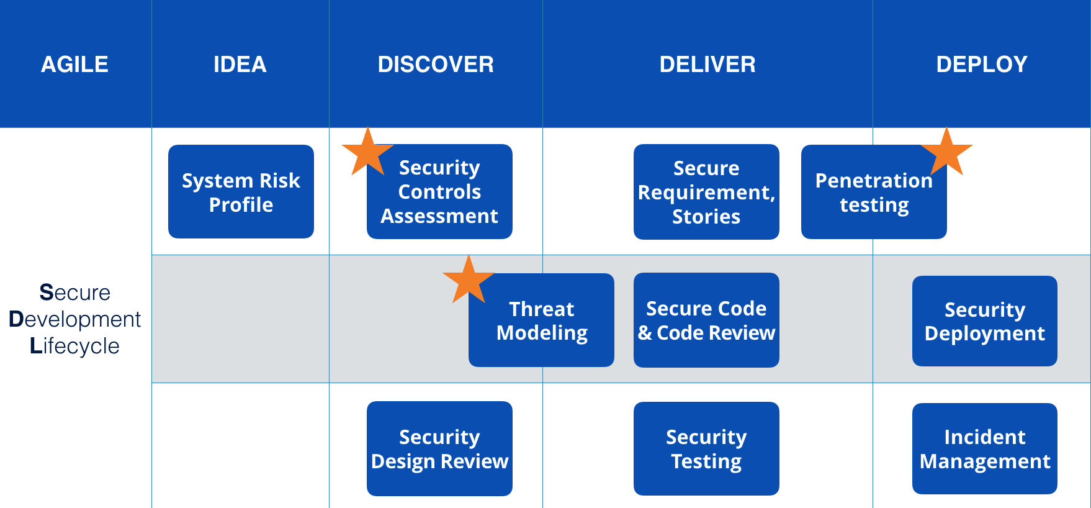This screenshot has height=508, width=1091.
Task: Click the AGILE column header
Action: click(x=74, y=65)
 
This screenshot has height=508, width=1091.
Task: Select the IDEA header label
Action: click(x=240, y=65)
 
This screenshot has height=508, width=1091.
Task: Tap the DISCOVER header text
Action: click(x=436, y=65)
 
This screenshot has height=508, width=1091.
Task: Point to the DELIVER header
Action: click(x=707, y=65)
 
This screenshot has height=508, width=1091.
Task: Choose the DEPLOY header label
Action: click(x=981, y=65)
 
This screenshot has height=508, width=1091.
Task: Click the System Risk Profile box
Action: click(x=241, y=192)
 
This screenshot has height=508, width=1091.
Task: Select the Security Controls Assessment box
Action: click(x=439, y=193)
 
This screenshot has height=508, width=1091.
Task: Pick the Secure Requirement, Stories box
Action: click(x=706, y=193)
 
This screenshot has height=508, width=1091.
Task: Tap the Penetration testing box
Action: click(x=874, y=193)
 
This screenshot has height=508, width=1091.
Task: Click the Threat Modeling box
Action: click(x=541, y=321)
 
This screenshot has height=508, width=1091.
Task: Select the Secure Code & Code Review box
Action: click(x=706, y=320)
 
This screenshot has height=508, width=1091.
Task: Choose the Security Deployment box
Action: click(x=984, y=321)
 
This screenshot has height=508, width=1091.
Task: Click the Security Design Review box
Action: click(x=439, y=449)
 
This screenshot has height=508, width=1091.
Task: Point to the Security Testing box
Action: click(x=706, y=449)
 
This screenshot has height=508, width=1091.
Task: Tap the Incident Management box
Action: click(x=984, y=449)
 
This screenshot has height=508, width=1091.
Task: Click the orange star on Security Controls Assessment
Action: click(x=367, y=153)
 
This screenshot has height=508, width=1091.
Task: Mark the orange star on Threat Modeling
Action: click(x=469, y=280)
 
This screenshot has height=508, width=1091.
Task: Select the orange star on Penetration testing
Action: click(x=946, y=153)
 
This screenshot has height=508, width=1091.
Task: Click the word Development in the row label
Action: click(x=75, y=319)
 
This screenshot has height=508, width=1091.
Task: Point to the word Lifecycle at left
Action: click(x=74, y=346)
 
